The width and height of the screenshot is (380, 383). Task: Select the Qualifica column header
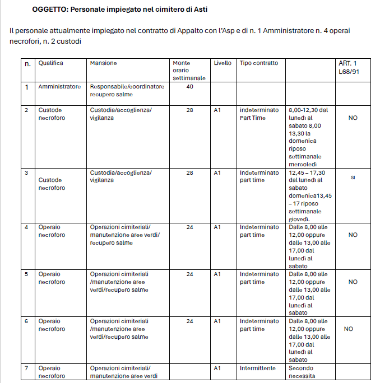pyautogui.click(x=50, y=63)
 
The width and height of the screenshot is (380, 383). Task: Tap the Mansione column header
pyautogui.click(x=103, y=63)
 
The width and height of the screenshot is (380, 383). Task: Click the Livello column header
pyautogui.click(x=223, y=63)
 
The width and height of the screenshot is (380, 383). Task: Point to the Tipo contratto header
pyautogui.click(x=258, y=63)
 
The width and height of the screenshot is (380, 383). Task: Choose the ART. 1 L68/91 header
pyautogui.click(x=347, y=67)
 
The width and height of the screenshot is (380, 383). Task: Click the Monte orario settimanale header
pyautogui.click(x=189, y=71)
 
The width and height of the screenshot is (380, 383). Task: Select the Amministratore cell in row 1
pyautogui.click(x=59, y=87)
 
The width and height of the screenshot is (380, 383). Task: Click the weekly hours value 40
pyautogui.click(x=189, y=87)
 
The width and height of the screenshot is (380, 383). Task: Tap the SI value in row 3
pyautogui.click(x=353, y=178)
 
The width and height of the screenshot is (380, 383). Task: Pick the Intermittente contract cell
pyautogui.click(x=258, y=368)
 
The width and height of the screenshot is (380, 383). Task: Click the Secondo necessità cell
pyautogui.click(x=303, y=372)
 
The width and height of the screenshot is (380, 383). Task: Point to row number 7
pyautogui.click(x=26, y=368)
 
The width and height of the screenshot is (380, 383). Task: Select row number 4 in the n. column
pyautogui.click(x=26, y=227)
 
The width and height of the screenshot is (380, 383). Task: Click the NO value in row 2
pyautogui.click(x=353, y=118)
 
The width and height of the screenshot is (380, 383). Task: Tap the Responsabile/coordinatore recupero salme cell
pyautogui.click(x=127, y=91)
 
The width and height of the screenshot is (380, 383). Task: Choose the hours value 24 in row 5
pyautogui.click(x=189, y=274)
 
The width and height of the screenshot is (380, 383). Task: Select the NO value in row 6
pyautogui.click(x=348, y=329)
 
